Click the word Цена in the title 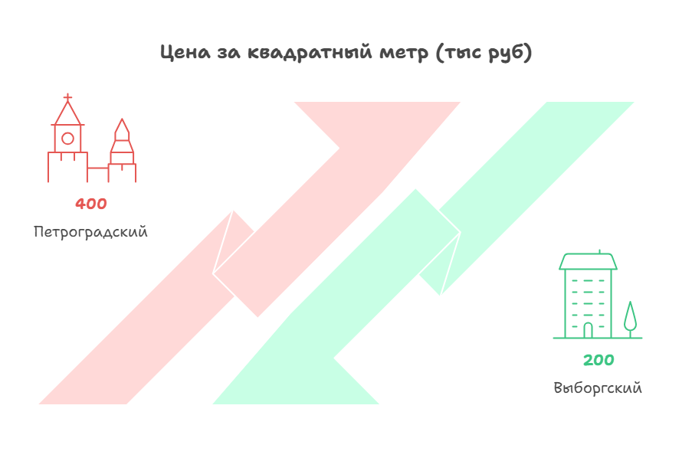coord(185,53)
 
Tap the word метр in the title coord(404,53)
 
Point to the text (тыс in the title coord(459,53)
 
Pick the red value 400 coord(91,204)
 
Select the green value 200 coord(599,360)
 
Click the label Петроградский coord(90,232)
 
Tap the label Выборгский coord(598,388)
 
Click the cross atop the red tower coord(67,97)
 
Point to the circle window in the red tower coord(67,139)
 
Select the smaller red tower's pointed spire coord(123,129)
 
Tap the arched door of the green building coord(588,330)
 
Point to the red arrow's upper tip coord(460,103)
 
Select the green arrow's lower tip coord(214,404)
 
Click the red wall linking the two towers coord(98,168)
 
